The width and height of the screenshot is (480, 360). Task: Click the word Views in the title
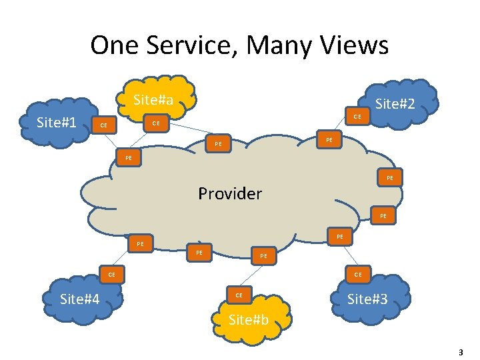coord(353,45)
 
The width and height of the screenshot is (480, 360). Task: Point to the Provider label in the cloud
coord(230,194)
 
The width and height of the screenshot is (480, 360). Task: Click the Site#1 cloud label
coord(57,122)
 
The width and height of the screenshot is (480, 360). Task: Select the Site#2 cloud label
coord(397,104)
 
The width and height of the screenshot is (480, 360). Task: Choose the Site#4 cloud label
coord(80,299)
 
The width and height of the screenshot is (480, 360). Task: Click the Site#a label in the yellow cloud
coord(153,100)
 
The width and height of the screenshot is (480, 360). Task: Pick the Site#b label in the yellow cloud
coord(249,319)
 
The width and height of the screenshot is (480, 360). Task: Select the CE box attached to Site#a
coord(155,123)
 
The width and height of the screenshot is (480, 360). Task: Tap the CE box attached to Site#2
coord(357,117)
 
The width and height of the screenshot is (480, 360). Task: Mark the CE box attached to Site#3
coord(358,274)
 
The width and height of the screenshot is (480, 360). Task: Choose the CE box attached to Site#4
coord(112,274)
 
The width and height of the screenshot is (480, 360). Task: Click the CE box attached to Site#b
coord(238,294)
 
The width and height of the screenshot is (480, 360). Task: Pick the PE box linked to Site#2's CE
coord(329,140)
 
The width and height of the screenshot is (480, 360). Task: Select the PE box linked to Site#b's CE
coord(264,255)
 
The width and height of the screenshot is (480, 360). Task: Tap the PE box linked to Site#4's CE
coord(140,244)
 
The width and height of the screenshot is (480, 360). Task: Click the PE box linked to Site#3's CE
coord(339,236)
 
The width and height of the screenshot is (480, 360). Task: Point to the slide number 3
coord(461,351)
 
